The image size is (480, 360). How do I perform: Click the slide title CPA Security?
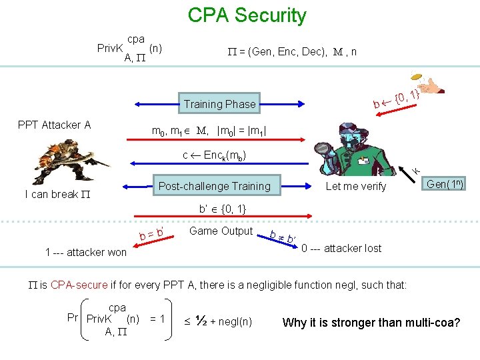pos(247,15)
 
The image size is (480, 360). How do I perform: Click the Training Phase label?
pos(219,104)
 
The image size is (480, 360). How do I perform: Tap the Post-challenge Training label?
pos(214,186)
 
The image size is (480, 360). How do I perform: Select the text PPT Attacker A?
pos(54,125)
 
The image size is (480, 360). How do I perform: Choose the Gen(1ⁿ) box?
pos(445,184)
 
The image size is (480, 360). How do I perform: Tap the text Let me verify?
pos(355,187)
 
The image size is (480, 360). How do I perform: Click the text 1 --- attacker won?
pos(85,252)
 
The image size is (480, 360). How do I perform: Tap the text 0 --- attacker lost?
pos(341,248)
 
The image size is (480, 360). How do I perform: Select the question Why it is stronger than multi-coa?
pos(371,323)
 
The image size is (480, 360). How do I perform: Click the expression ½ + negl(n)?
pos(224,322)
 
